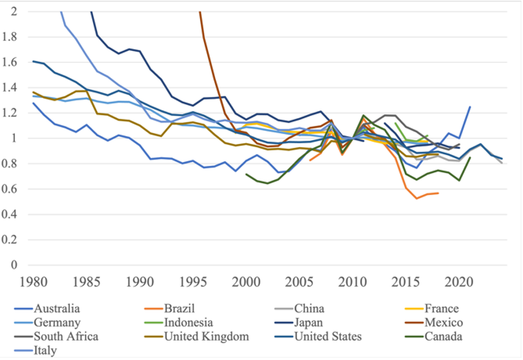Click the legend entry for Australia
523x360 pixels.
47,308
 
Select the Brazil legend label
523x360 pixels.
169,308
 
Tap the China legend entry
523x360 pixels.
299,308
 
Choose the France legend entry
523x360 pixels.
431,308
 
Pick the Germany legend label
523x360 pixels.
47,323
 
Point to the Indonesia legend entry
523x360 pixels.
178,323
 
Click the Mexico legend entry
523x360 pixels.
434,323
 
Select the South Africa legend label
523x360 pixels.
56,337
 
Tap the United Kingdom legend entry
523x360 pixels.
197,337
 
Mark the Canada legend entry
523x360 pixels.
433,337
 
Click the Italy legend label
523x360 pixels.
36,351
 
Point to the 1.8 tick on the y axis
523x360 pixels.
9,37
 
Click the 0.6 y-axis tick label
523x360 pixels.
9,189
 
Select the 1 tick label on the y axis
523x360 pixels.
14,138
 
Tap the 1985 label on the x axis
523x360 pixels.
87,283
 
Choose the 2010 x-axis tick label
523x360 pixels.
353,283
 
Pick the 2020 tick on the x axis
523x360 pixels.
459,283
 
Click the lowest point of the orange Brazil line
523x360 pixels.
416,199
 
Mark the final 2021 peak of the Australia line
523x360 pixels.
470,106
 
